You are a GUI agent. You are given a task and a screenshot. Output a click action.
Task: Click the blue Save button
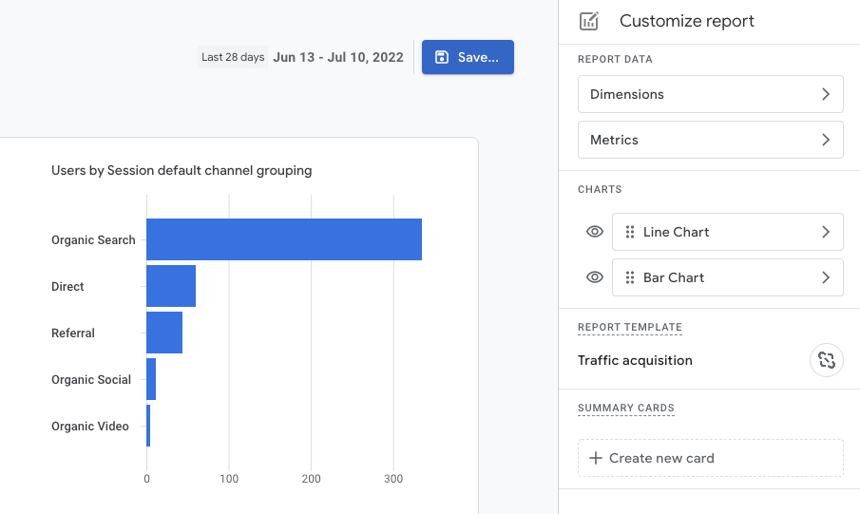[x=468, y=57]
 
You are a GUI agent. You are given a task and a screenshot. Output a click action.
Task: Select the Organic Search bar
[x=283, y=239]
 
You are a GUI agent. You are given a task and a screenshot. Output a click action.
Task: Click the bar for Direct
[x=171, y=286]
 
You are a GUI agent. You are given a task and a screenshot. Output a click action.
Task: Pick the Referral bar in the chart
[x=164, y=333]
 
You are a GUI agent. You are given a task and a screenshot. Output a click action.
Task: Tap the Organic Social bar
[x=151, y=379]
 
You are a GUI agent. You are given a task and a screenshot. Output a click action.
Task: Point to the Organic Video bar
[x=148, y=426]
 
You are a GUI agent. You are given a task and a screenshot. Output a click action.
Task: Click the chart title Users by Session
[x=182, y=171]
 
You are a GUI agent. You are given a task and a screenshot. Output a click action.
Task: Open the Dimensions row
[x=710, y=94]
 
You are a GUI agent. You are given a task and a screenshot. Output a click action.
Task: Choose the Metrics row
[x=710, y=140]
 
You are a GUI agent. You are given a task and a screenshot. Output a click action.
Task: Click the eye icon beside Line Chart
[x=595, y=232]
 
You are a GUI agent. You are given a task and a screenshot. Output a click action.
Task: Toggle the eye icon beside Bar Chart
[x=595, y=277]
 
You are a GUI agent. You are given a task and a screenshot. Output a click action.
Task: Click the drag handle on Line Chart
[x=630, y=232]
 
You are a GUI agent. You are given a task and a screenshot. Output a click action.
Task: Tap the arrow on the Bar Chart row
[x=826, y=277]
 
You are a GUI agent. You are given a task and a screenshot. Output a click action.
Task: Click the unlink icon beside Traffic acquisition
[x=826, y=360]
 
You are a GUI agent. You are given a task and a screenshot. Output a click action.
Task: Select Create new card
[x=710, y=458]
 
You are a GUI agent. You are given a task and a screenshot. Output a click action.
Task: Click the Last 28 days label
[x=233, y=57]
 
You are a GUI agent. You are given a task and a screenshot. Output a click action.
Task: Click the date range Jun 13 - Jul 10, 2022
[x=338, y=57]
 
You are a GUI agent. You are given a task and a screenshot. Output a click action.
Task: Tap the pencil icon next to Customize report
[x=589, y=21]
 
